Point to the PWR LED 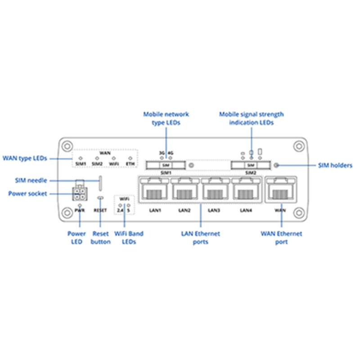[x=79, y=205]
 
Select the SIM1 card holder [x=165, y=166]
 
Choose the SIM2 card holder [x=250, y=166]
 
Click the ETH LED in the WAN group [x=130, y=158]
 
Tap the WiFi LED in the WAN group [x=114, y=158]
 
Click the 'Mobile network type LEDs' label [x=166, y=118]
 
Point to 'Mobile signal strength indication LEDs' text [x=251, y=118]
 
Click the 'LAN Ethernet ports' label [x=200, y=238]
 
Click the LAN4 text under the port [x=246, y=210]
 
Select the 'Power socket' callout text [x=27, y=194]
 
